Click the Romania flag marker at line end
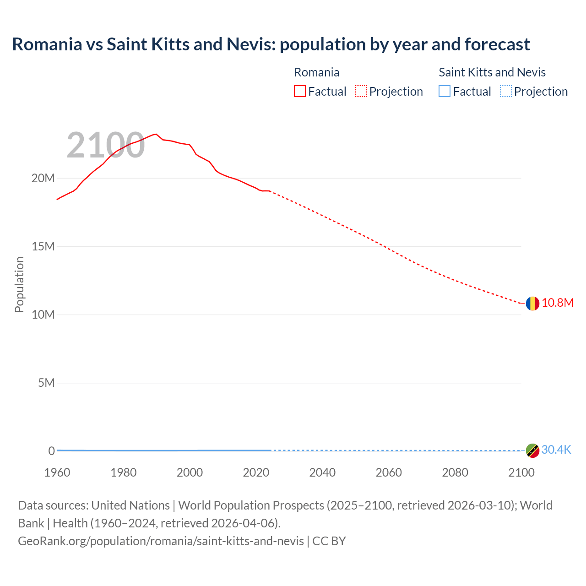pos(532,303)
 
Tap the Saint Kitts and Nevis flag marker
pos(532,450)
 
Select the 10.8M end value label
pos(558,303)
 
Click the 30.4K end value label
pos(556,450)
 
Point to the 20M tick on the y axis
pos(43,178)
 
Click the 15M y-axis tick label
pos(43,246)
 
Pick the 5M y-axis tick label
pos(46,383)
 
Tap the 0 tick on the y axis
pos(51,451)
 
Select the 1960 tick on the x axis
pos(57,472)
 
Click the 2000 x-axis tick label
pos(190,472)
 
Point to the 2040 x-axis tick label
pos(322,472)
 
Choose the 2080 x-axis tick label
pos(455,472)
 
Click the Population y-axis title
pos(19,284)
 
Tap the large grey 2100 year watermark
pos(106,146)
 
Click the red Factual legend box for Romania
pos(300,92)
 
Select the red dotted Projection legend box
pos(361,92)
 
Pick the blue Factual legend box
pos(445,92)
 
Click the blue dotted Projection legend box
pos(506,92)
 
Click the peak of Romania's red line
pos(156,134)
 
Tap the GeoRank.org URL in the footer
pos(161,541)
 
